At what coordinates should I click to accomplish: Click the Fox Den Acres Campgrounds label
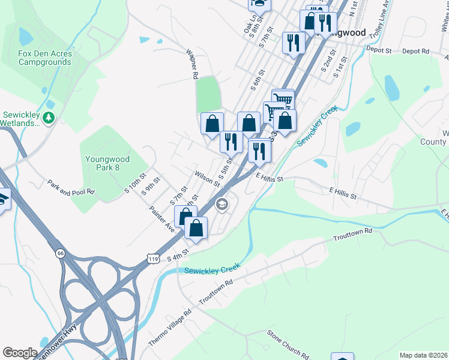[45, 58]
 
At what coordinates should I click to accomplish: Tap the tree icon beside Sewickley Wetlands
[50, 118]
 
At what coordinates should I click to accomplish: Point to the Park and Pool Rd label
[71, 187]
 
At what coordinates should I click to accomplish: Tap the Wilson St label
[208, 178]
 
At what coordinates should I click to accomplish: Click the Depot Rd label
[415, 52]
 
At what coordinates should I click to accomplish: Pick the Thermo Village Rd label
[170, 328]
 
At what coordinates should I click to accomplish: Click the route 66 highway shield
[61, 254]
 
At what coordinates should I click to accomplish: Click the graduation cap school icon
[222, 205]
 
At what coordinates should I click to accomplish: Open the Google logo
[20, 353]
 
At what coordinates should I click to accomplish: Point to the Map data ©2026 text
[423, 355]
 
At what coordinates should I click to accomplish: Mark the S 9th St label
[151, 186]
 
